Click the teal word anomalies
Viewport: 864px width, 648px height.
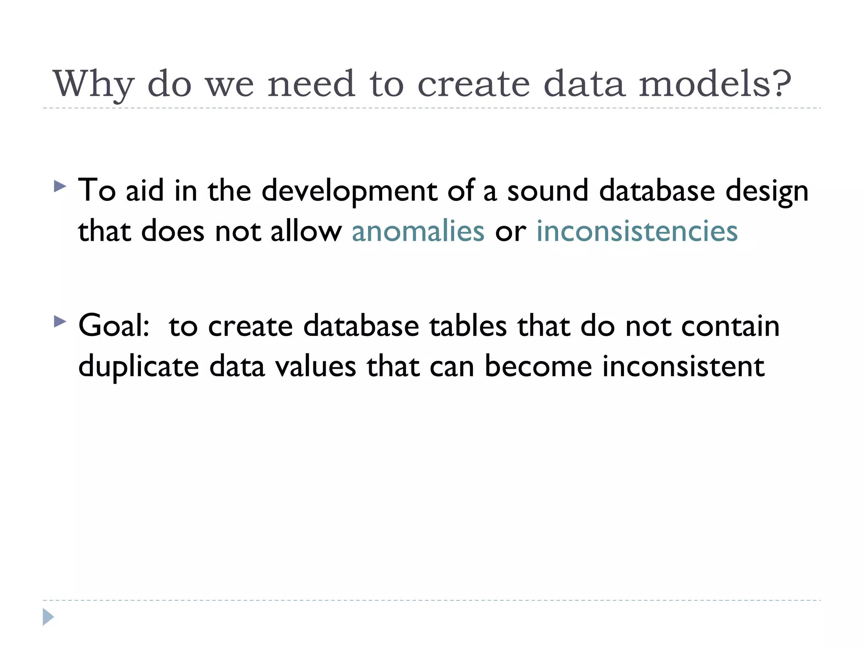(x=418, y=232)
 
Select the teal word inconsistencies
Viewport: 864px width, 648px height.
(x=637, y=232)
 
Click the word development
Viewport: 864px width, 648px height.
(x=349, y=191)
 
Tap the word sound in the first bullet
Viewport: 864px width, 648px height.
(x=548, y=191)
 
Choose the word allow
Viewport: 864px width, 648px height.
(x=306, y=232)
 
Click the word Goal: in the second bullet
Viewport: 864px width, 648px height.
(x=114, y=326)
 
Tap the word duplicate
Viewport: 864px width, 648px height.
(x=138, y=367)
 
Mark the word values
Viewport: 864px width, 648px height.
(x=316, y=367)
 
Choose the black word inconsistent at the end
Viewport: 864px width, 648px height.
(x=683, y=366)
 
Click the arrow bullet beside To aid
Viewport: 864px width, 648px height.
(x=60, y=186)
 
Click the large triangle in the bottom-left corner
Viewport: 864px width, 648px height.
(x=48, y=617)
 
